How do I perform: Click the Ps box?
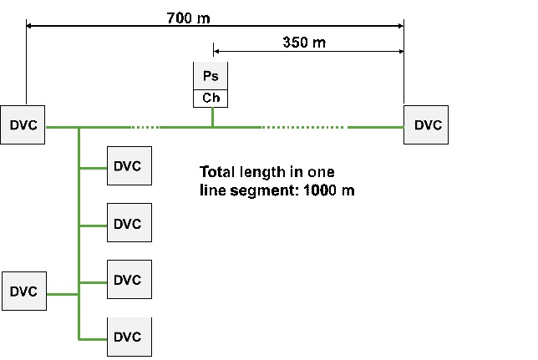211,76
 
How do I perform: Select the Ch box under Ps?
211,98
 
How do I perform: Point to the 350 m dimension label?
304,43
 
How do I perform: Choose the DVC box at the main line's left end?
23,125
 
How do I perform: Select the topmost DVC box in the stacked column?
129,166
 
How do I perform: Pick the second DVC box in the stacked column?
129,223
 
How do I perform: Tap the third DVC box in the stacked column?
129,280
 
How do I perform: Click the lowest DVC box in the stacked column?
129,337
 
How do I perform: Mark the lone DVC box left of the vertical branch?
23,292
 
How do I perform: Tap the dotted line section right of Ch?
302,128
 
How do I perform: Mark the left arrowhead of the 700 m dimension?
30,27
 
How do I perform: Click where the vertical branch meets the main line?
79,128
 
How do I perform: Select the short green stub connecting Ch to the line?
212,117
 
